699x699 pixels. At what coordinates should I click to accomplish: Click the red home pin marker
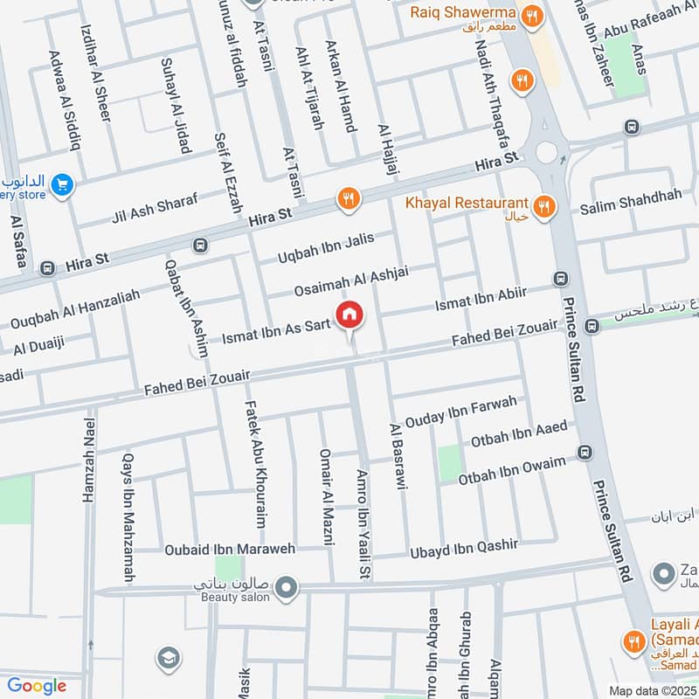pos(349,315)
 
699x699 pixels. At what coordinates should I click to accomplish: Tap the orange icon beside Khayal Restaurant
pos(544,206)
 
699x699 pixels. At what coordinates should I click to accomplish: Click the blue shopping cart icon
pos(61,184)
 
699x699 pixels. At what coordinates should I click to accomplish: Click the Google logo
pos(37,686)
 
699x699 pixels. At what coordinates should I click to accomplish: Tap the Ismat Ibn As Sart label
pos(276,330)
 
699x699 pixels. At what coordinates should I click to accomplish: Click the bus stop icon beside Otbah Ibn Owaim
pos(584,452)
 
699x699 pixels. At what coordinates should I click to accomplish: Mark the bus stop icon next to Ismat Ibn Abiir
pos(560,278)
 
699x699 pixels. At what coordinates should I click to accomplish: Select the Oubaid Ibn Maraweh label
pos(231,550)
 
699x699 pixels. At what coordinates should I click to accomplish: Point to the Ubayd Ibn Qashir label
pos(464,549)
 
